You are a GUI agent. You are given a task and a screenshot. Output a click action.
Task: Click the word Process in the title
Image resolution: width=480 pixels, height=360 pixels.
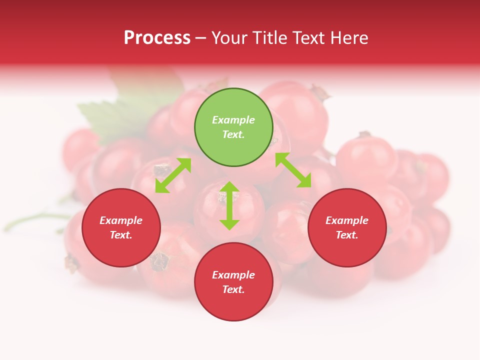[157, 38]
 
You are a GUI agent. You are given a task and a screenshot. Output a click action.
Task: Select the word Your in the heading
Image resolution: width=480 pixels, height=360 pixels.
[230, 38]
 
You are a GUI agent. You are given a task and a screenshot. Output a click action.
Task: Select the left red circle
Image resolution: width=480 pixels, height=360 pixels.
[121, 249]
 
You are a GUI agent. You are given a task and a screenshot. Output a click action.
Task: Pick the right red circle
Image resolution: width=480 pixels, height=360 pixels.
[347, 249]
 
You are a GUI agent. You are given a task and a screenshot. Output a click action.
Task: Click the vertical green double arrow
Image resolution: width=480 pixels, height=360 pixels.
[229, 205]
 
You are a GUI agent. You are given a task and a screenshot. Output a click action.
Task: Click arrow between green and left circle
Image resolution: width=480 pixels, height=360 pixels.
[173, 175]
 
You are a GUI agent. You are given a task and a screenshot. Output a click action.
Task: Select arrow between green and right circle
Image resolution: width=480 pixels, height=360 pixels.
[293, 170]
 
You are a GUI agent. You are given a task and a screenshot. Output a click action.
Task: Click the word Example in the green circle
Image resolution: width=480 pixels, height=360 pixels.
[233, 120]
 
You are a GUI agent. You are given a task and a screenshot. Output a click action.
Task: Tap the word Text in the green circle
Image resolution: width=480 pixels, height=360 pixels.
[233, 134]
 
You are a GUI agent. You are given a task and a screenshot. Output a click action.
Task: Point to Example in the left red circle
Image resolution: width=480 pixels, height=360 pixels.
[121, 220]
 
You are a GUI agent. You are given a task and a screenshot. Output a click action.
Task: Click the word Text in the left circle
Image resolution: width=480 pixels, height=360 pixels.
[121, 235]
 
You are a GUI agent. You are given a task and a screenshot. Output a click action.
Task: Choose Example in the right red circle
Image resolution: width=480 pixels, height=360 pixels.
[347, 220]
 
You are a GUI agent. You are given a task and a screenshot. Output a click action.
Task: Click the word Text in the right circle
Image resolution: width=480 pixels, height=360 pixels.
[347, 235]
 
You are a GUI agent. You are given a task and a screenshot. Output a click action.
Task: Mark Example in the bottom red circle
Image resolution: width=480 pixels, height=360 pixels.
[233, 275]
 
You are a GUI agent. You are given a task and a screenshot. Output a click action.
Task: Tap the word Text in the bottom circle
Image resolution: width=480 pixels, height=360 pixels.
[233, 289]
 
